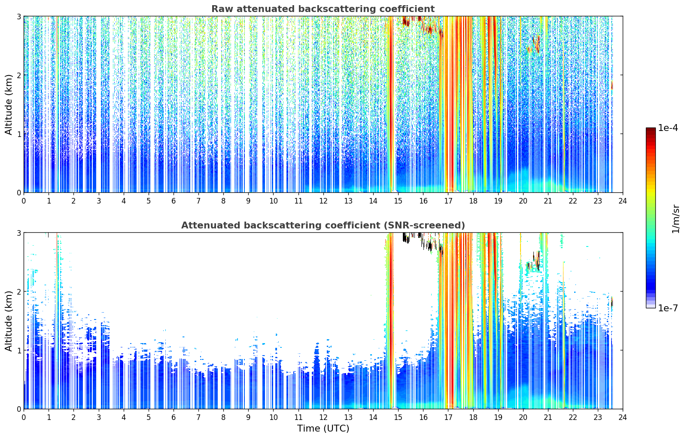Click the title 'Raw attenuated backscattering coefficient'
pyautogui.click(x=323, y=9)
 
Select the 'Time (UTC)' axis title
pyautogui.click(x=323, y=428)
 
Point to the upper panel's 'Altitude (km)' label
pyautogui.click(x=9, y=105)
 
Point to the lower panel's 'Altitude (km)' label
pyautogui.click(x=9, y=321)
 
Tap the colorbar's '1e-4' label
pyautogui.click(x=668, y=128)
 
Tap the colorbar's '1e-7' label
pyautogui.click(x=668, y=308)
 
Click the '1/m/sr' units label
pyautogui.click(x=675, y=219)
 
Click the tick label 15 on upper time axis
pyautogui.click(x=398, y=201)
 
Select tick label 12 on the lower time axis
pyautogui.click(x=323, y=417)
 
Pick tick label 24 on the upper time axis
pyautogui.click(x=623, y=201)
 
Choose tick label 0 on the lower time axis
pyautogui.click(x=24, y=417)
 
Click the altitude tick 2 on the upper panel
pyautogui.click(x=18, y=75)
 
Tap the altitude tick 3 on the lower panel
pyautogui.click(x=18, y=233)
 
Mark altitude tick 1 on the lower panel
pyautogui.click(x=18, y=350)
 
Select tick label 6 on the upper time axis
pyautogui.click(x=174, y=201)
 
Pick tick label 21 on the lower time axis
pyautogui.click(x=548, y=417)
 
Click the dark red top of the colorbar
pyautogui.click(x=651, y=130)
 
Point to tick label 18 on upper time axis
pyautogui.click(x=473, y=201)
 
